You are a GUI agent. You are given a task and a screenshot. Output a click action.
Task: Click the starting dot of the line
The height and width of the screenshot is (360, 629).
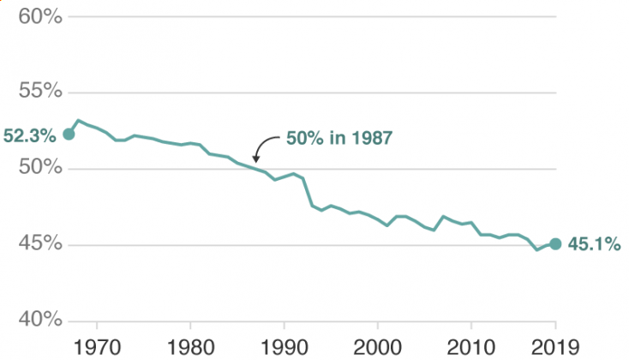pos(69,134)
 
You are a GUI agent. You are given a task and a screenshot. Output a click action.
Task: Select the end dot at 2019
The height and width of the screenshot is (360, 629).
pos(555,243)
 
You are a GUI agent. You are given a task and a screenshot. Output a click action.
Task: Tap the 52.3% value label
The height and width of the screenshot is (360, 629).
pos(29,135)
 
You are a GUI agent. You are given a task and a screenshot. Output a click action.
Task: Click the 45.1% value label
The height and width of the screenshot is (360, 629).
pos(593,244)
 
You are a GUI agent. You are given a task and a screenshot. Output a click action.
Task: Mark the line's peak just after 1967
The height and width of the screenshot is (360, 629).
pos(78,121)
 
